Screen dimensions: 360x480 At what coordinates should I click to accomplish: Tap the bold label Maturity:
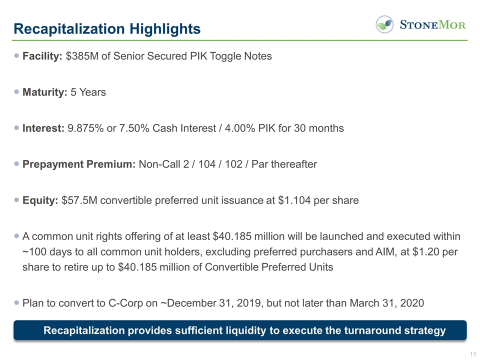click(x=45, y=92)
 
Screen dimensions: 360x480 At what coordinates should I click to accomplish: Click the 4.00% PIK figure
click(x=260, y=128)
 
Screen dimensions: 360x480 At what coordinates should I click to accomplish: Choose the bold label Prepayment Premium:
click(x=79, y=164)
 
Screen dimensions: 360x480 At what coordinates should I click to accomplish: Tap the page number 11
click(x=470, y=353)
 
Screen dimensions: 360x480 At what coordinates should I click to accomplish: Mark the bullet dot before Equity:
click(x=17, y=200)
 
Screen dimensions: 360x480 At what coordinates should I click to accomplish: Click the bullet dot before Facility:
click(x=17, y=55)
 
